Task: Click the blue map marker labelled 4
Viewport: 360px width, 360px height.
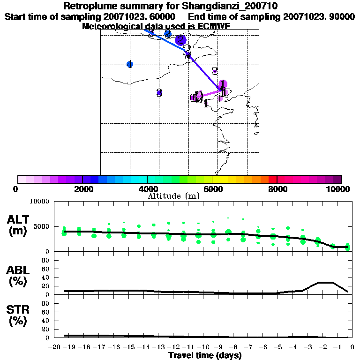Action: (130, 64)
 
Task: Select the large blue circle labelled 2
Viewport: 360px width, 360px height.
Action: (181, 40)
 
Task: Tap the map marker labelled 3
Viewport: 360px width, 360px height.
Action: (159, 92)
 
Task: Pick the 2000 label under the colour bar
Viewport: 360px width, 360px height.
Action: (82, 189)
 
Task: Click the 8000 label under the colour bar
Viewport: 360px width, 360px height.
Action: (277, 189)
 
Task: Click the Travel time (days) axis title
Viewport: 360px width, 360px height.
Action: (205, 356)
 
